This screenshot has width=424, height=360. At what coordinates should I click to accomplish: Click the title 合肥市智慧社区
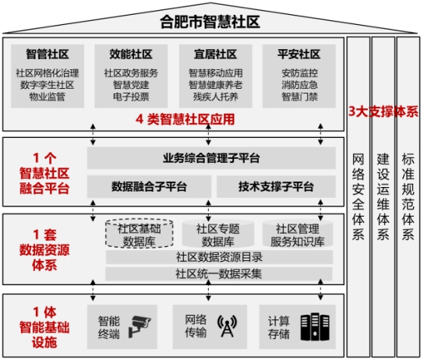[x=210, y=22]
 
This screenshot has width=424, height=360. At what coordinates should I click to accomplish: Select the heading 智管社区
[x=48, y=54]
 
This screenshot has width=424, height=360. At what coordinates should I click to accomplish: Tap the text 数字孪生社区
[x=48, y=85]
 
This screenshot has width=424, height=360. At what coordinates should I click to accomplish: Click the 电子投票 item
[x=131, y=97]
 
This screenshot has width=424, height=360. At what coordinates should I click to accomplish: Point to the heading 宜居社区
[x=215, y=54]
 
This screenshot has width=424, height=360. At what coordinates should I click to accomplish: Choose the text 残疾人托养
[x=216, y=97]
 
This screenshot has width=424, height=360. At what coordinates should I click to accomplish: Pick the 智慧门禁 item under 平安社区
[x=299, y=97]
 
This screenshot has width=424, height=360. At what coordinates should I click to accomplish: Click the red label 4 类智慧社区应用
[x=185, y=119]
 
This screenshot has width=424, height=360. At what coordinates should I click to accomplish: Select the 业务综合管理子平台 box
[x=211, y=158]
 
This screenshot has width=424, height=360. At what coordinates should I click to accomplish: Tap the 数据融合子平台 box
[x=149, y=186]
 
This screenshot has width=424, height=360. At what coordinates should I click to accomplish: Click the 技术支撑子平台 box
[x=276, y=186]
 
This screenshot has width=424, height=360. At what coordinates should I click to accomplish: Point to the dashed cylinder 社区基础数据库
[x=140, y=234]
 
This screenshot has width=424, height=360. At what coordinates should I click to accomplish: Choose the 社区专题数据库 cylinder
[x=218, y=234]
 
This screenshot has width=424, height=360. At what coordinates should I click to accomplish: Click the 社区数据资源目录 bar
[x=219, y=257]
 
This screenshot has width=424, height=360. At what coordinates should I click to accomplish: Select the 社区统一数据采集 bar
[x=219, y=274]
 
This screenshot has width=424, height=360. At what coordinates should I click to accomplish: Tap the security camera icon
[x=139, y=326]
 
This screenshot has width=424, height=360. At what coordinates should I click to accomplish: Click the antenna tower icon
[x=227, y=326]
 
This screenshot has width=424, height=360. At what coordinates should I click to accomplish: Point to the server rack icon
[x=315, y=326]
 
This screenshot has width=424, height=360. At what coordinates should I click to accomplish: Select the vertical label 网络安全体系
[x=359, y=197]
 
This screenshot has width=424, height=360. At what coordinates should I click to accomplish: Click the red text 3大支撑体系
[x=383, y=111]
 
